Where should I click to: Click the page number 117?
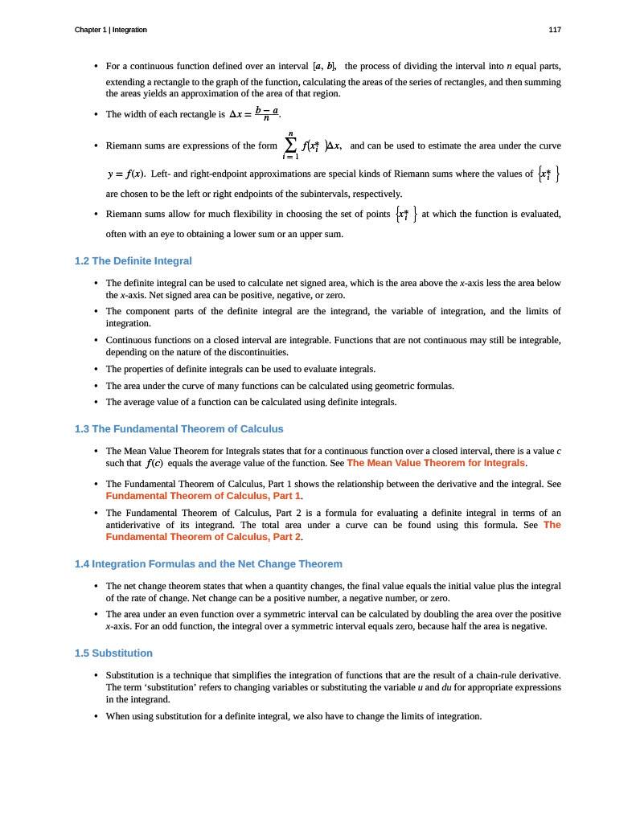(555, 30)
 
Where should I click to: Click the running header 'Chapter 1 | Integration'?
(110, 30)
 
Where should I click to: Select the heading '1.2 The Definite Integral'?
(133, 261)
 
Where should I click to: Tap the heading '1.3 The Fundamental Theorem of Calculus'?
(178, 429)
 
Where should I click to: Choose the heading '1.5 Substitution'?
(113, 653)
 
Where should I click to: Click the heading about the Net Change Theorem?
(208, 564)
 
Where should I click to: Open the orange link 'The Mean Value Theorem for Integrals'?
(436, 464)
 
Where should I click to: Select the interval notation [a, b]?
(324, 65)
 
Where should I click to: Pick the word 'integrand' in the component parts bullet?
(346, 311)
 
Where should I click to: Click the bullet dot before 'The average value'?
(96, 402)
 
